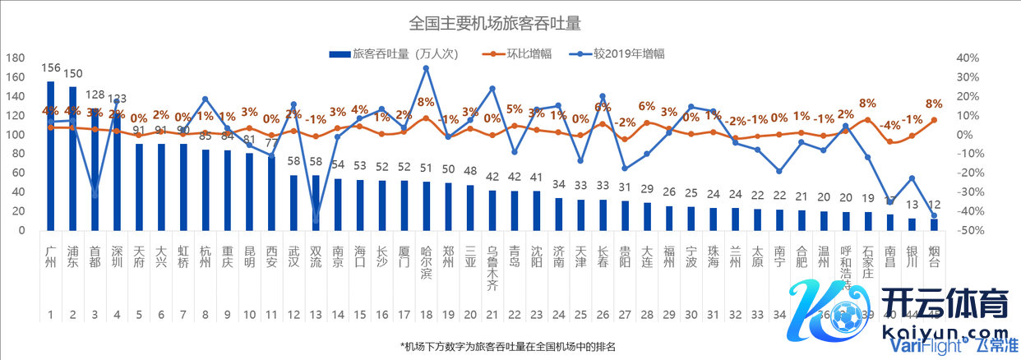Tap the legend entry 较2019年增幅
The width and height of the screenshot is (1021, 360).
click(631, 54)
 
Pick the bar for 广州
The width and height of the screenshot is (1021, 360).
click(51, 156)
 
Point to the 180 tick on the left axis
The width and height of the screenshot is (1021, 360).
click(14, 58)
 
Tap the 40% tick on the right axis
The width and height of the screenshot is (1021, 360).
click(968, 58)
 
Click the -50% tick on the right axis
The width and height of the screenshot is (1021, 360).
click(968, 231)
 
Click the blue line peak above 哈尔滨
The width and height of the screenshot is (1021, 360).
click(426, 68)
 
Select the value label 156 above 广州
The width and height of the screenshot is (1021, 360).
click(51, 69)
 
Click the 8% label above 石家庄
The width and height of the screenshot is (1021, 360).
click(867, 104)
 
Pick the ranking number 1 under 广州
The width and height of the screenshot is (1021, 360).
click(51, 314)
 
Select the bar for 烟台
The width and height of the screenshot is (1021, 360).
click(934, 224)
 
